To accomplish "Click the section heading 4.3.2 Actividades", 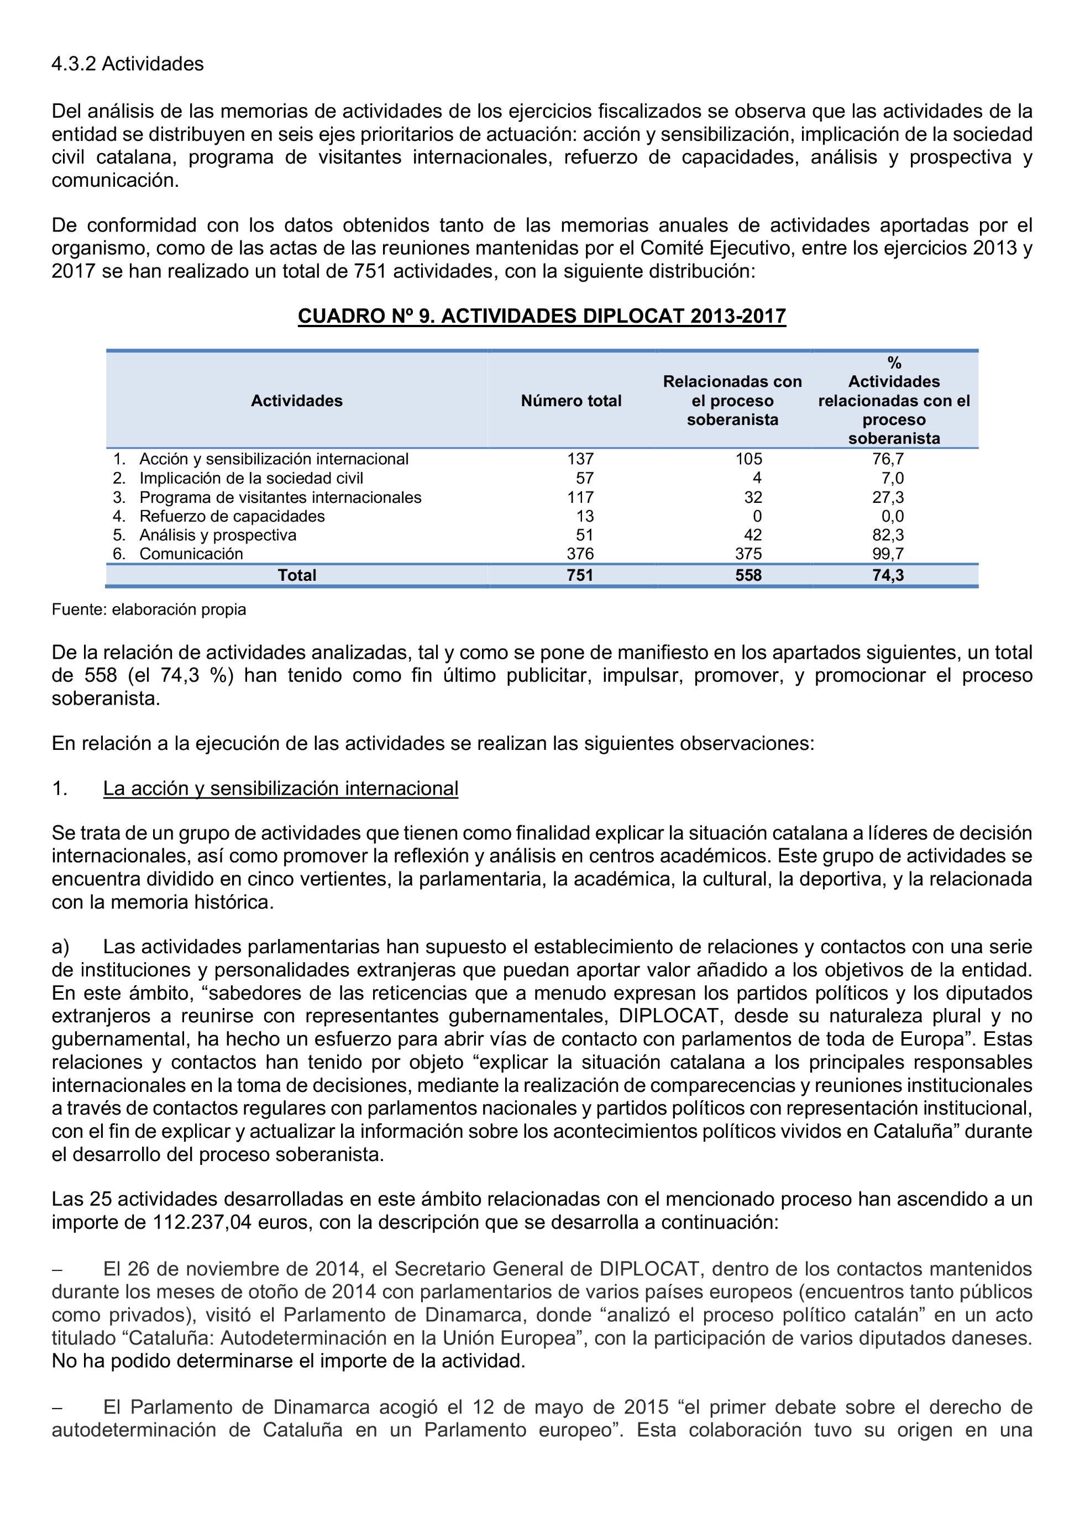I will point(128,64).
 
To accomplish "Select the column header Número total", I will point(570,401).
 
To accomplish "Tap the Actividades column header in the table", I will point(297,401).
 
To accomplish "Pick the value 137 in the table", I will point(580,459).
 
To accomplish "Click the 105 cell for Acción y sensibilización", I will point(748,459).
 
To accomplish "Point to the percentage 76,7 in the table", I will point(887,459).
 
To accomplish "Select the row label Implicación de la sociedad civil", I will point(250,479).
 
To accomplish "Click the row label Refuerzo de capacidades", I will point(232,517).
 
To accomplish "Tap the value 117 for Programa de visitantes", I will point(580,498).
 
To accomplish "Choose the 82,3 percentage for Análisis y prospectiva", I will point(887,535).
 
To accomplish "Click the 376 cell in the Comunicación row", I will point(580,554).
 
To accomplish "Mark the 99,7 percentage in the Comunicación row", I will point(887,554).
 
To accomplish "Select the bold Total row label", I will point(297,575).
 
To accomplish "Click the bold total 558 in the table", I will point(748,575).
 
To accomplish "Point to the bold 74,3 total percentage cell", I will point(887,575).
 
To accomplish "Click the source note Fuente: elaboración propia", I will point(149,610).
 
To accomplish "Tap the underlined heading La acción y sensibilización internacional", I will point(281,789).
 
